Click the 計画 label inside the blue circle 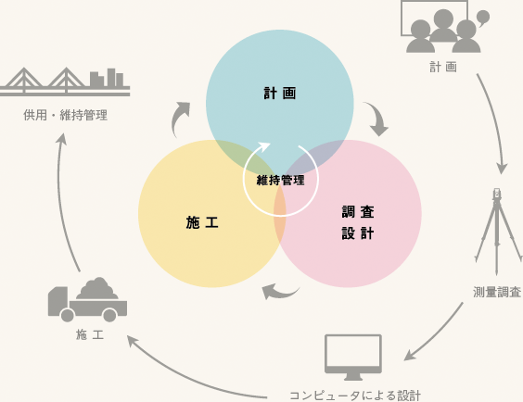click(x=279, y=93)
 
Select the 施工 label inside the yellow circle click(x=202, y=222)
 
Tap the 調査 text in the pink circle click(x=358, y=212)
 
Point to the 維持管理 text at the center click(x=281, y=181)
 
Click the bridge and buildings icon click(x=65, y=82)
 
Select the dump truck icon click(x=87, y=299)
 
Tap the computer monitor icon click(x=353, y=358)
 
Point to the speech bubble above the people click(x=482, y=18)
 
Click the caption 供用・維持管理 click(x=65, y=115)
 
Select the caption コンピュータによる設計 click(x=355, y=396)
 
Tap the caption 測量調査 click(x=497, y=292)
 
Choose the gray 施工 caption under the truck click(x=90, y=334)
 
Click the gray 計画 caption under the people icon click(x=443, y=67)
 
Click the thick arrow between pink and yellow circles click(x=279, y=293)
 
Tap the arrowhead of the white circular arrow click(x=263, y=146)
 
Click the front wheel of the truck click(x=68, y=315)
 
